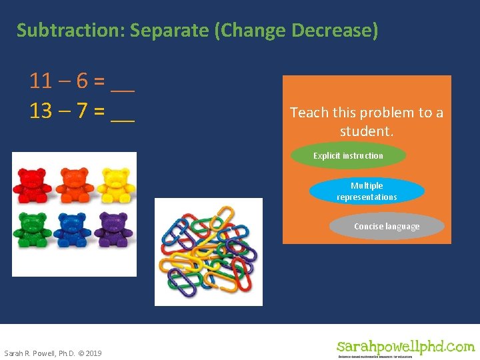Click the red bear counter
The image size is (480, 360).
coord(31,185)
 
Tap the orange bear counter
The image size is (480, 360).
coord(74,185)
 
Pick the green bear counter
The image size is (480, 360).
coord(31,229)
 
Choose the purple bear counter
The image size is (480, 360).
coord(113,229)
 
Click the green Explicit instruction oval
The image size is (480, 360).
coord(348,156)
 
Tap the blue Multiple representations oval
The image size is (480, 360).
coord(367,191)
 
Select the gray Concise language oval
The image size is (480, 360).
coord(387,227)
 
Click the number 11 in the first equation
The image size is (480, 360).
coord(41,81)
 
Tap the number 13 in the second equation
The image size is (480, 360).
coord(41,111)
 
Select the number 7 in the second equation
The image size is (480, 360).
coord(83,111)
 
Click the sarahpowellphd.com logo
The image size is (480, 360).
coord(405,347)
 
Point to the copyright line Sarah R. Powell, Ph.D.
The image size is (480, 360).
coord(53,353)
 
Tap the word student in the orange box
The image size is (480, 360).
coord(365,131)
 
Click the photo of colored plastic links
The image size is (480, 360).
coord(209,252)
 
